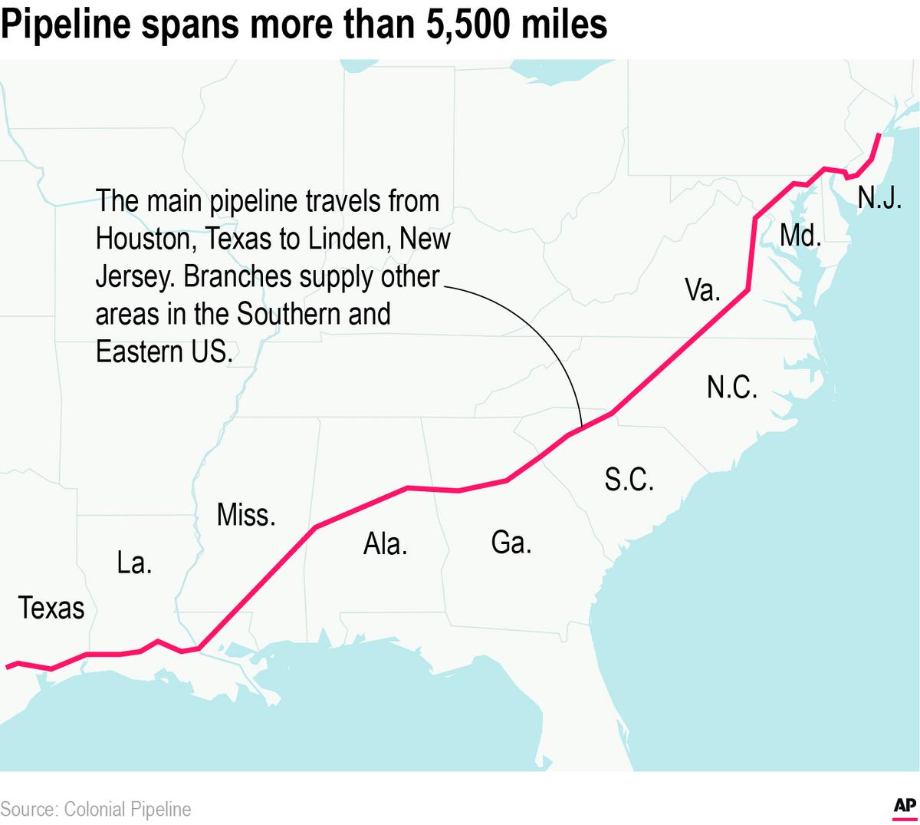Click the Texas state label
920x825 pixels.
[x=51, y=608]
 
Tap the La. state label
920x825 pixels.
[x=134, y=563]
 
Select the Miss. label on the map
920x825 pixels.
[x=245, y=514]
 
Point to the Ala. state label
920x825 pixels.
[x=385, y=544]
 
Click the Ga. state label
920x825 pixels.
[x=511, y=543]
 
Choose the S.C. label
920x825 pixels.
[x=629, y=480]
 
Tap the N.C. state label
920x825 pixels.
[x=731, y=388]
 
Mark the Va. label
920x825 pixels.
[x=701, y=290]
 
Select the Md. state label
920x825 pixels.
[x=800, y=236]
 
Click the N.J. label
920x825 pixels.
[x=879, y=197]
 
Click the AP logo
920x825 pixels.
[x=905, y=806]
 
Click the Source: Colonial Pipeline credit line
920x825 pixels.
[x=96, y=809]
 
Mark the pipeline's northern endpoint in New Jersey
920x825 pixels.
[x=879, y=135]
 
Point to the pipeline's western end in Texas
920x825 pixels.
[x=7, y=667]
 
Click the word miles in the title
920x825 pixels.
[x=565, y=25]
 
